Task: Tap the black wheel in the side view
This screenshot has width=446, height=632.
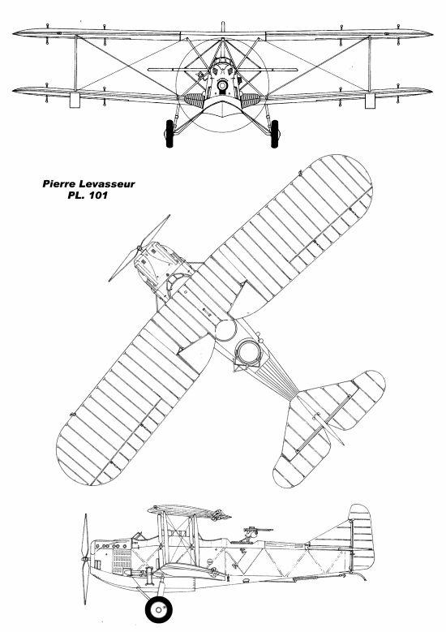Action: [158, 609]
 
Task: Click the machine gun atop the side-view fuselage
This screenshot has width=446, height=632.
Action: [256, 531]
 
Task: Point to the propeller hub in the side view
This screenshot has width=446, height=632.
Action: [85, 560]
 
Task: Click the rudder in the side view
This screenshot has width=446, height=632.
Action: [361, 537]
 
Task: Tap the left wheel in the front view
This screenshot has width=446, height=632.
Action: [169, 133]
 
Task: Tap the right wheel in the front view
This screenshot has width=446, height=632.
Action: [274, 133]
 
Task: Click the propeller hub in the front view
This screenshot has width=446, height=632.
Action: [222, 85]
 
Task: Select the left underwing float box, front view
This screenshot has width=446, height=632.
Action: [75, 100]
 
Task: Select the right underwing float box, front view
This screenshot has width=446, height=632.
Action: [370, 100]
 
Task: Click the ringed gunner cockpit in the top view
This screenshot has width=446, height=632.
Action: [249, 351]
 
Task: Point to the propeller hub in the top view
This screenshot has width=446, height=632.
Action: [139, 247]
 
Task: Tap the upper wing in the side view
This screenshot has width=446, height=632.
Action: [189, 511]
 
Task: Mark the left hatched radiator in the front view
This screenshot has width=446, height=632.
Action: [195, 100]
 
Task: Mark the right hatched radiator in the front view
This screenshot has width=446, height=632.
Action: [251, 100]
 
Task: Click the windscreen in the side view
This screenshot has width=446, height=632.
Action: [139, 535]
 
